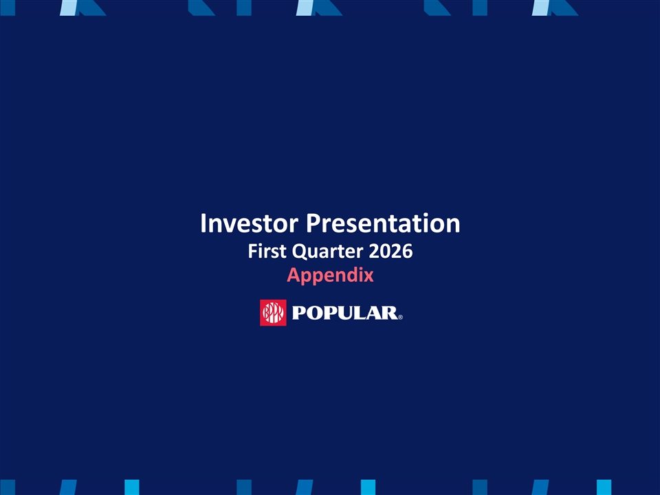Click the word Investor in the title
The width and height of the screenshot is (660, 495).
pos(249,223)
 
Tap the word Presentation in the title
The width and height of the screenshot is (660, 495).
pos(383,223)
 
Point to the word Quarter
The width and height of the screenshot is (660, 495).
pos(327,252)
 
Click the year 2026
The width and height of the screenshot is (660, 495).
pos(390,251)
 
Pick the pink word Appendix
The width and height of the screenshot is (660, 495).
pos(331,275)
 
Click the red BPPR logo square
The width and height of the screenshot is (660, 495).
pos(273,313)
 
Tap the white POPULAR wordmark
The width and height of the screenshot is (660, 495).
pos(345,313)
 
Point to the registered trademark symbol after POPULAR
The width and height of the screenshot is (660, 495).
pos(400,318)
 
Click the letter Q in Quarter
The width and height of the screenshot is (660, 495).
pos(300,252)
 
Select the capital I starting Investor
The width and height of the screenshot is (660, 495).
pos(203,223)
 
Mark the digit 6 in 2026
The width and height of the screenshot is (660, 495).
pos(407,251)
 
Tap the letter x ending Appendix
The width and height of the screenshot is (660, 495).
pos(368,276)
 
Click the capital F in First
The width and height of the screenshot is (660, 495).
pos(252,251)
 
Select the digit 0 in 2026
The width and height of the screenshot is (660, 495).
pos(385,251)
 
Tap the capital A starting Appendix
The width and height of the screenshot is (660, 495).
pos(294,275)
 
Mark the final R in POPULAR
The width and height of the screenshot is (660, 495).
pos(391,313)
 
